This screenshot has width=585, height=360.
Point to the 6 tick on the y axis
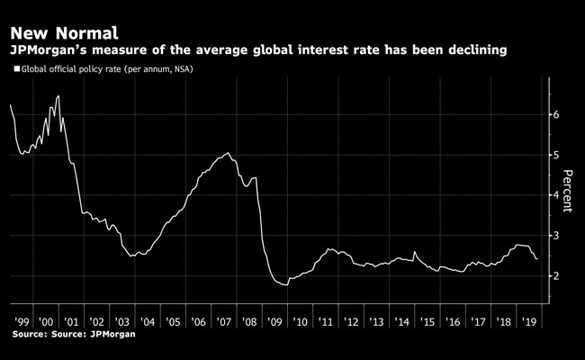coord(557,115)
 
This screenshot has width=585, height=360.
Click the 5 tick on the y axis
coord(557,155)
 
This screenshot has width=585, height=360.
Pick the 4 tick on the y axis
coord(557,194)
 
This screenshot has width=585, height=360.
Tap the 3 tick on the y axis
coord(557,235)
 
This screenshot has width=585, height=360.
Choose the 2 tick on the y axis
coord(557,274)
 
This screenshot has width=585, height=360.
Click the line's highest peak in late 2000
coord(58,96)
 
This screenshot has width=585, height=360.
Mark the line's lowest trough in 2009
coord(286,284)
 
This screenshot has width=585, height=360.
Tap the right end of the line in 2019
coord(537,259)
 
